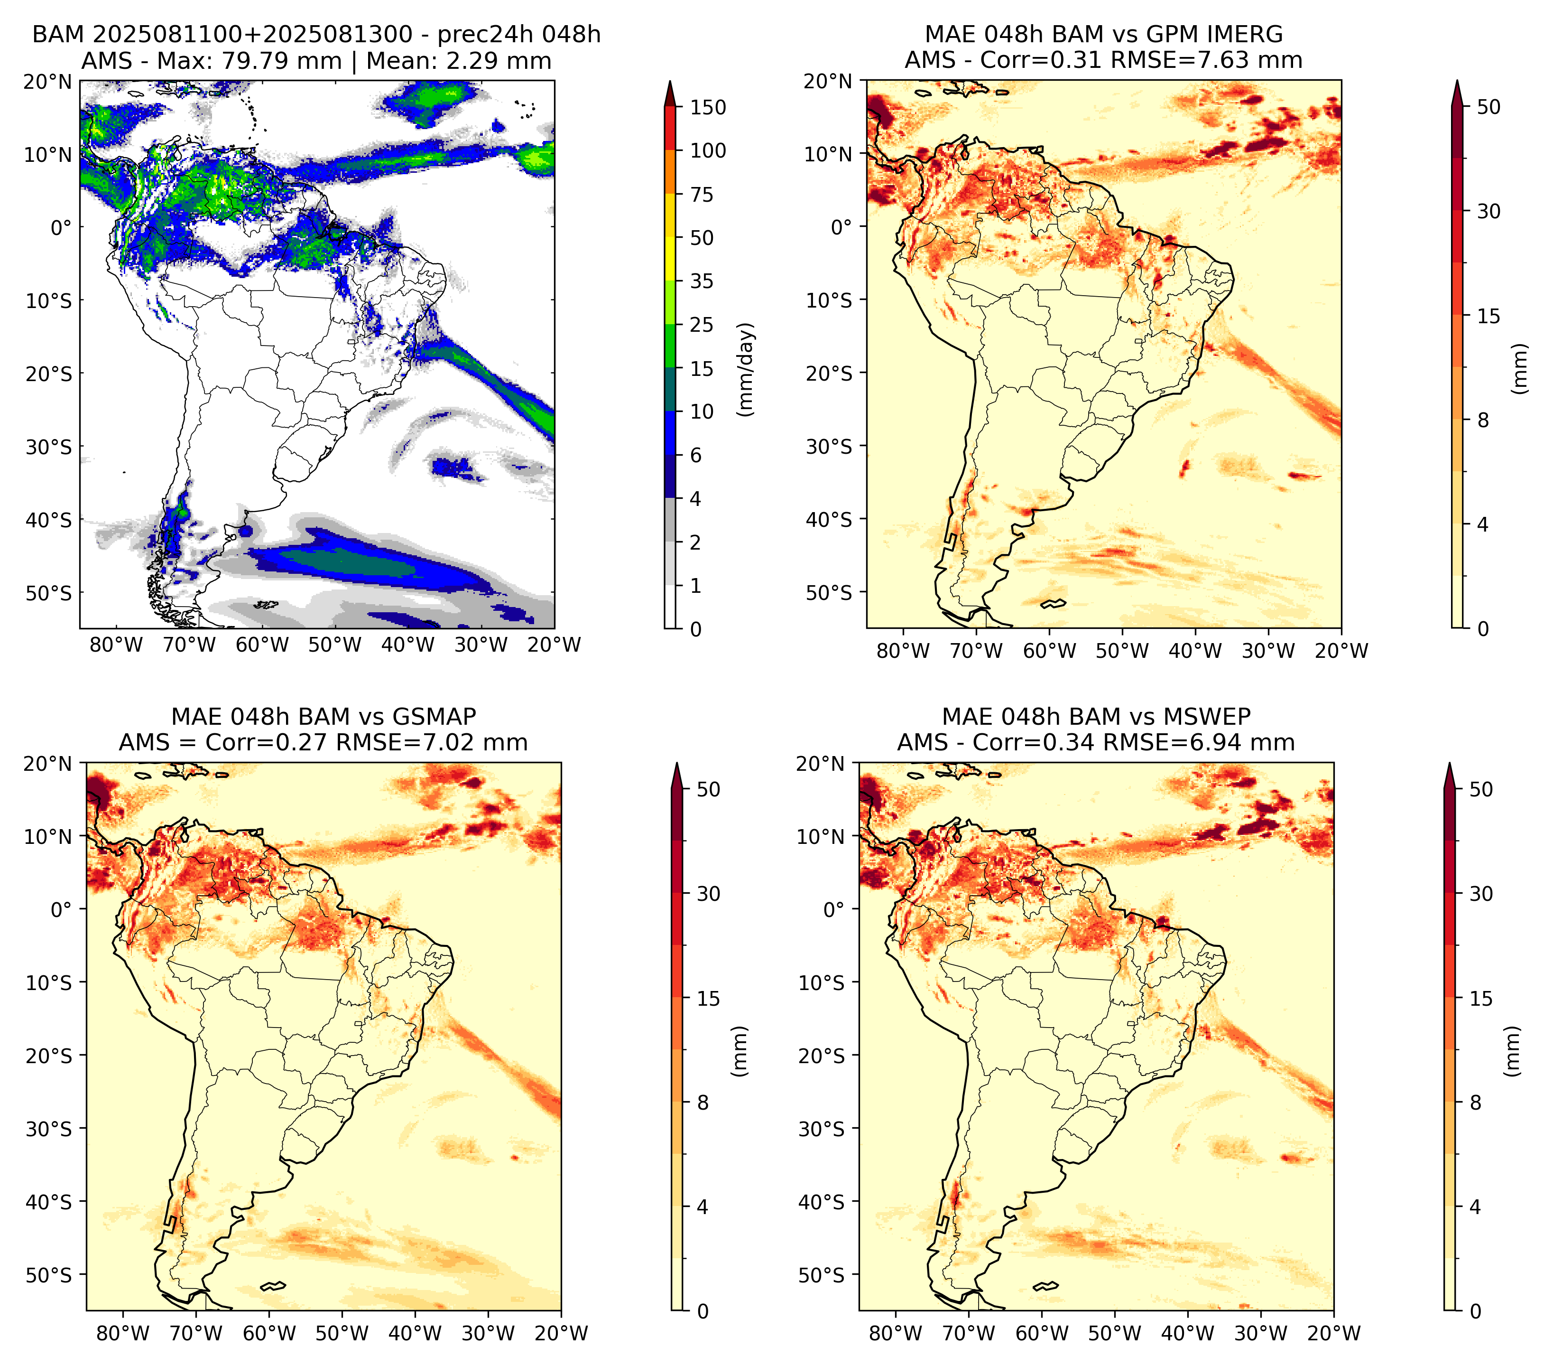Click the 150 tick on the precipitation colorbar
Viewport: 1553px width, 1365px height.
(x=707, y=107)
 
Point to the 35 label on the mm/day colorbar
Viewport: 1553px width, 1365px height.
(x=701, y=281)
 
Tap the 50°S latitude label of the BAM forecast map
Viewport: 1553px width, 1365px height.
(x=49, y=593)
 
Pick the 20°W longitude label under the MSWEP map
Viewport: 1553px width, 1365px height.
(x=1334, y=1333)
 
